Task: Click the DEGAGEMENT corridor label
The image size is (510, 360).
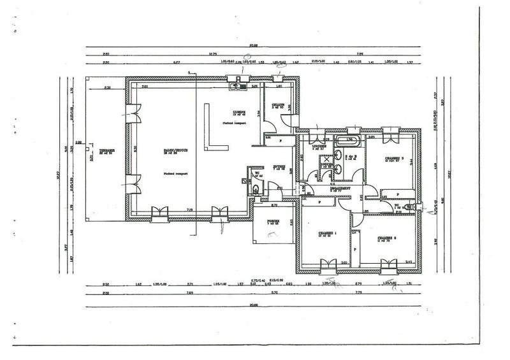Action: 342,189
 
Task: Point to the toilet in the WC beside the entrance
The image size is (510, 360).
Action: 255,189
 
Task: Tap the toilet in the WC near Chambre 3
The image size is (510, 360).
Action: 416,207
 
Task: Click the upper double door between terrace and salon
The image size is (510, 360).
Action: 133,112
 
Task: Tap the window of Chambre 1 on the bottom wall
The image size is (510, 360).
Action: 327,264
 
